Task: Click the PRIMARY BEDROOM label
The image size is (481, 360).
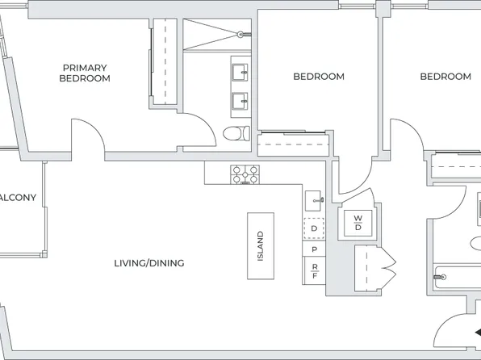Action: [85, 73]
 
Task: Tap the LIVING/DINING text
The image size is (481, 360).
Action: [148, 263]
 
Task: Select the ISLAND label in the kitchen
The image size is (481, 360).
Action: [260, 247]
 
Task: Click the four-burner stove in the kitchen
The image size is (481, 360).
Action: [245, 174]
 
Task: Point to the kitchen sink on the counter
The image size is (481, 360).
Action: [314, 199]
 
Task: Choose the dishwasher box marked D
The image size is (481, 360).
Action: [313, 229]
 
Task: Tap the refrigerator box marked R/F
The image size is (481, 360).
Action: [313, 271]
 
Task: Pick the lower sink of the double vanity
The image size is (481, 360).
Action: [240, 101]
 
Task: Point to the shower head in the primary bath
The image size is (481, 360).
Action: [240, 34]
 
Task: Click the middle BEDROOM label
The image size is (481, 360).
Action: [318, 77]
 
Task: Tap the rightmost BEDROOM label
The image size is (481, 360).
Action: [445, 77]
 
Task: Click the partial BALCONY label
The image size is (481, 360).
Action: [18, 198]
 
